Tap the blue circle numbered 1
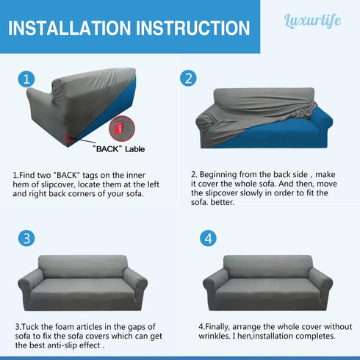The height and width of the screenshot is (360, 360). (27, 79)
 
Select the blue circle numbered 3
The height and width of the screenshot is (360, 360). (27, 238)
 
